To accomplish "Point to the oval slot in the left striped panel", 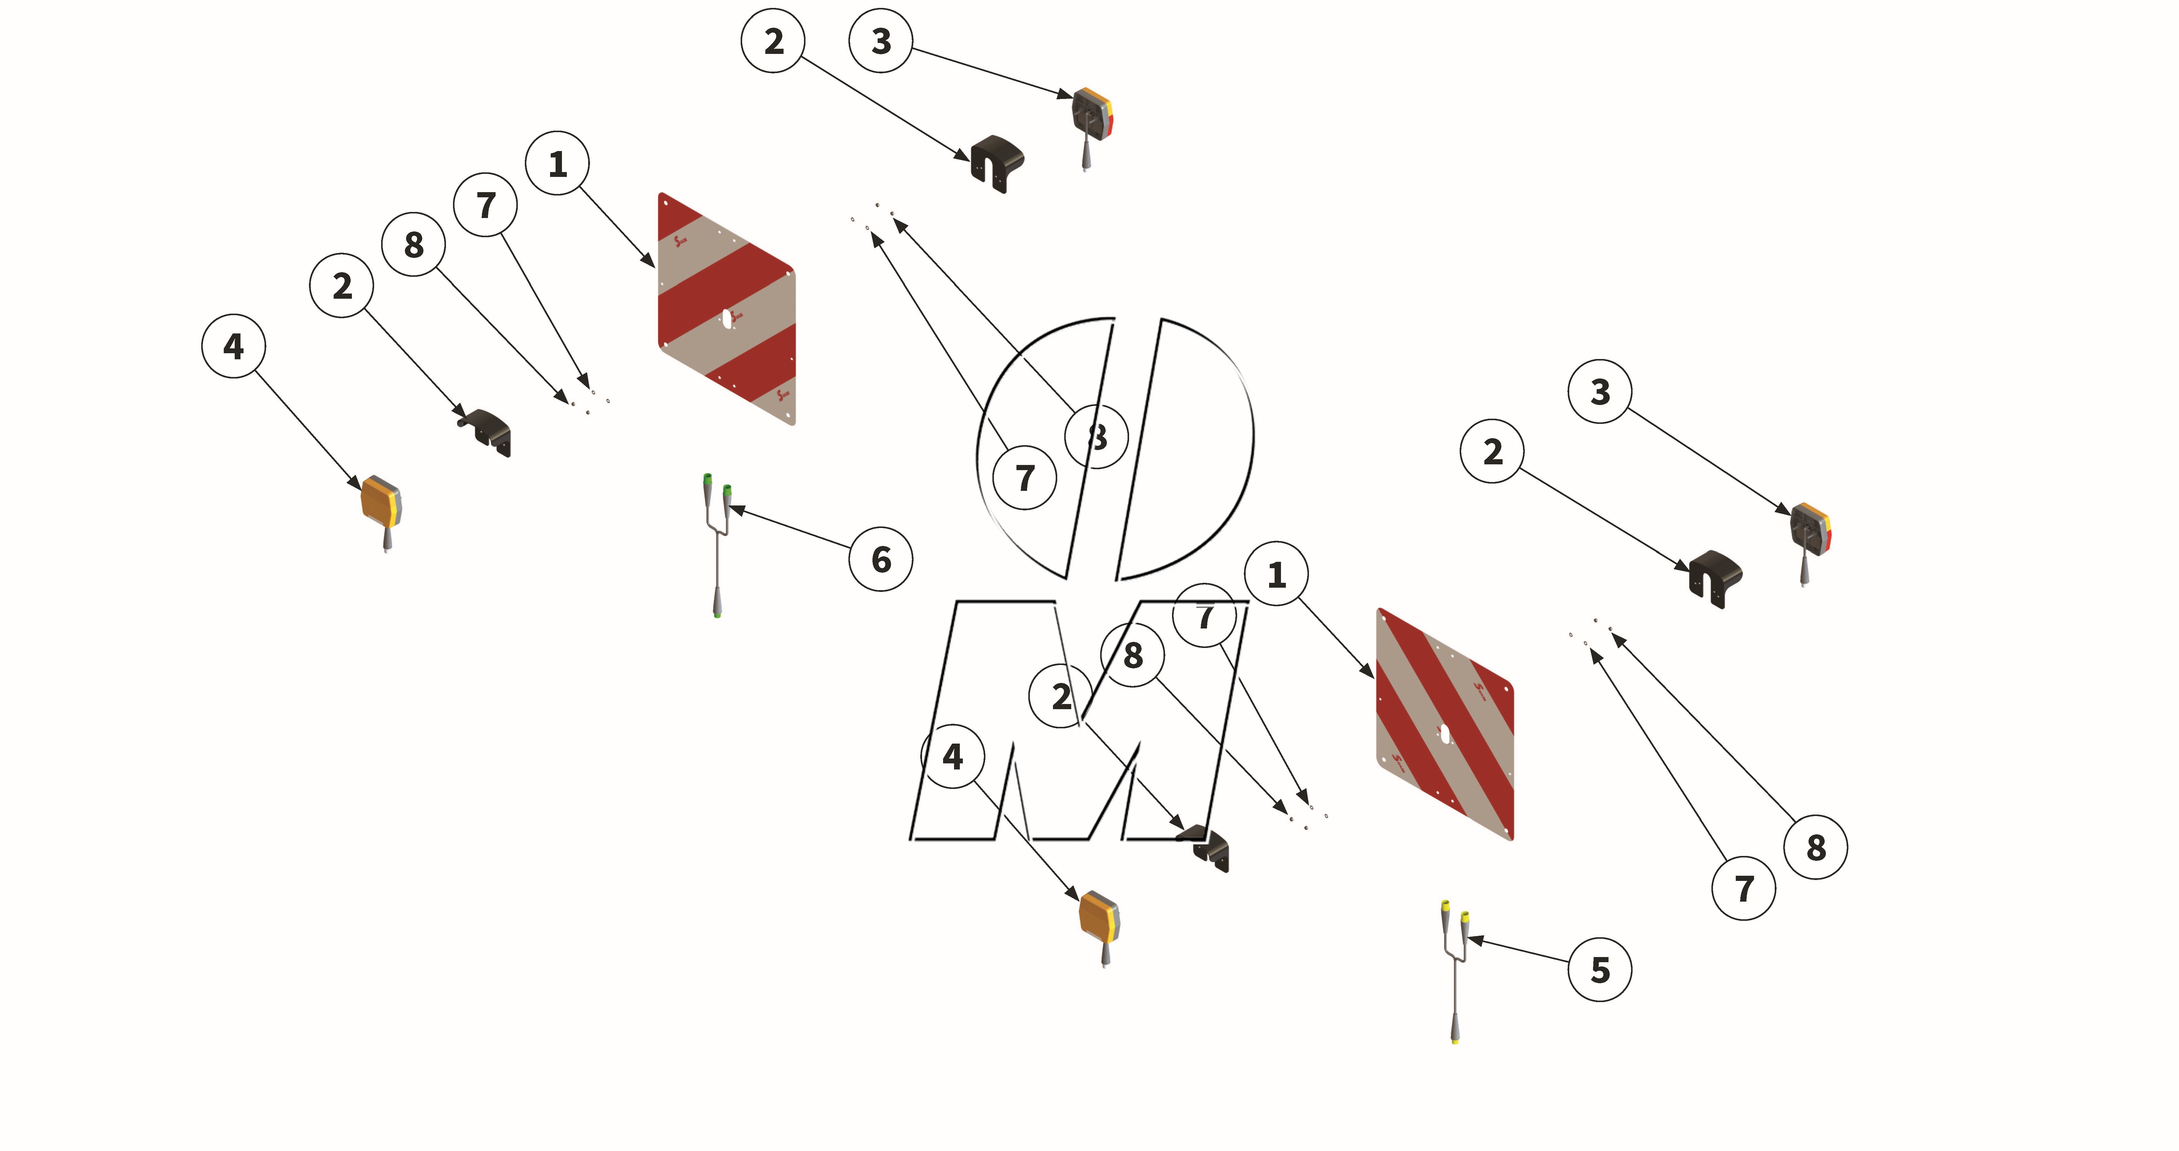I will click(727, 317).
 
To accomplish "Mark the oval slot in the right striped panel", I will click(1446, 734).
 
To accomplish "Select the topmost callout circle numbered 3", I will click(881, 40).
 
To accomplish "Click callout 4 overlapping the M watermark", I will click(953, 756).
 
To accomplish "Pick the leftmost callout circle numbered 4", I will click(233, 346).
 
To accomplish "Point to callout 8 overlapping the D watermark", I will click(1096, 437).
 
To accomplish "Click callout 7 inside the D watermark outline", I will click(1024, 477).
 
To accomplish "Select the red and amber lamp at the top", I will click(1092, 114).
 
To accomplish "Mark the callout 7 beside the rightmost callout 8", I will click(1743, 888).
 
